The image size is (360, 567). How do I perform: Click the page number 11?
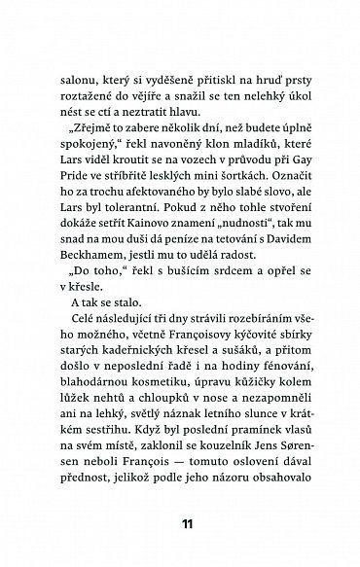182,522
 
